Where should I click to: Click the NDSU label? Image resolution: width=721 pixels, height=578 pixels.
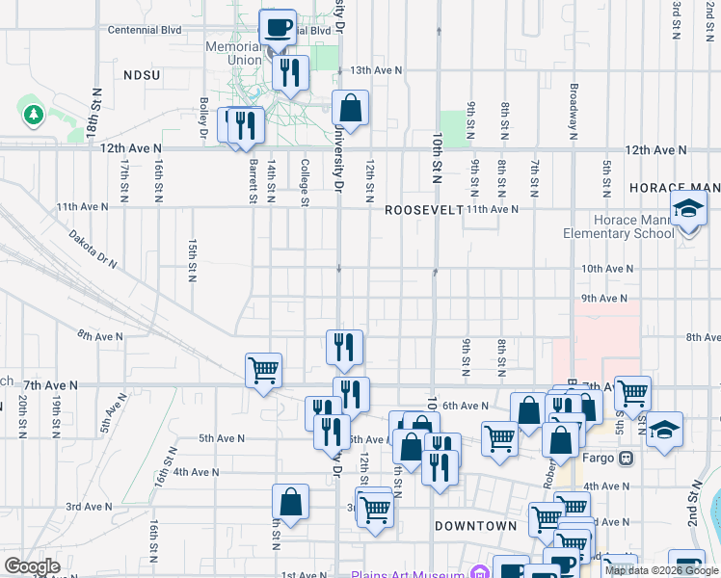pos(142,74)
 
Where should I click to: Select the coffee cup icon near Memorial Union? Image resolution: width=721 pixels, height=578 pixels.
pos(278,28)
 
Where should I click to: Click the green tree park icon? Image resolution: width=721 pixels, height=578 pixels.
pos(35,116)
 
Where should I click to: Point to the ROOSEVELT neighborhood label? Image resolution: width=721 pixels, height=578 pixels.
pos(424,210)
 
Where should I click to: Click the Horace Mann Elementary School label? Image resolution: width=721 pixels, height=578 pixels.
pos(620,226)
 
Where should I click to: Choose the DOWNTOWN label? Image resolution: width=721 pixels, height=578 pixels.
pos(476,526)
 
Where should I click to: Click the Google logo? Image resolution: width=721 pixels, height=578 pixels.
pos(33,566)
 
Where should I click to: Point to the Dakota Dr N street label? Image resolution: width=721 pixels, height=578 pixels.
pos(92,247)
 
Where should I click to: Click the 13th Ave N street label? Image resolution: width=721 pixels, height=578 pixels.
pos(376,70)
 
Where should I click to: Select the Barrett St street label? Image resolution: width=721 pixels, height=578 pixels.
pos(253,179)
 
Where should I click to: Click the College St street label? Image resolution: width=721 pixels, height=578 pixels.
pos(305,181)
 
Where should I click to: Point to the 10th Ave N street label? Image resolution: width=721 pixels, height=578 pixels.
pos(606,268)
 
